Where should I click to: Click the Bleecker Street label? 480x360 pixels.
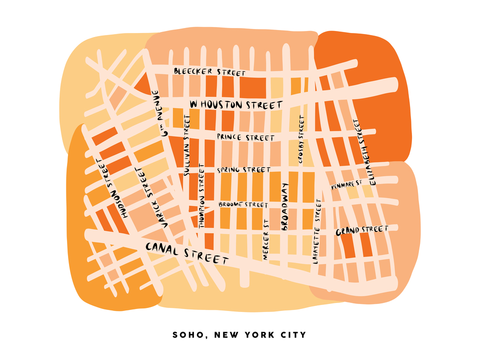209,72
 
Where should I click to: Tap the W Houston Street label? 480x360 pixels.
236,104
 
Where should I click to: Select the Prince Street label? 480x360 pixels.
245,137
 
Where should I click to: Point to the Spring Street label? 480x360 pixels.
244,170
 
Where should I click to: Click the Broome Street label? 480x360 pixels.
243,205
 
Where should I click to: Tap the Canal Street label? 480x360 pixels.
187,253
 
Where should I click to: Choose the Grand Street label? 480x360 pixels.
362,230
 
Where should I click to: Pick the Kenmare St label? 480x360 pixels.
346,185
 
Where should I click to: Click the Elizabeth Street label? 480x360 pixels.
363,151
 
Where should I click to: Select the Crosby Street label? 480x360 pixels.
301,139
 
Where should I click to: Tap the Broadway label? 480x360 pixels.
285,206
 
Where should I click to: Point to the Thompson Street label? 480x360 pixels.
201,195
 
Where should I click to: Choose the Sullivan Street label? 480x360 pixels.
187,144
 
